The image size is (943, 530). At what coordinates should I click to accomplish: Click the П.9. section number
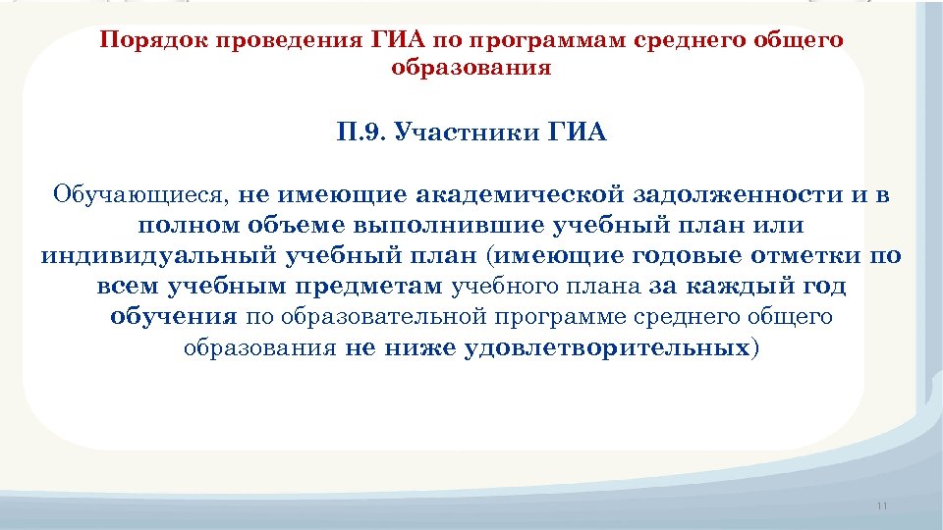click(x=360, y=132)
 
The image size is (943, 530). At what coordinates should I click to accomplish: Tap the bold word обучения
click(x=174, y=317)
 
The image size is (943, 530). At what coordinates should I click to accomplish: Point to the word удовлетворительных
click(x=603, y=348)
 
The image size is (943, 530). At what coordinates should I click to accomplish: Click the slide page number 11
click(x=880, y=505)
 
